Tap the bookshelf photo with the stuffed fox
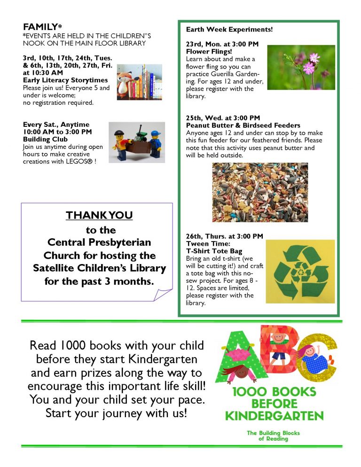click(x=139, y=82)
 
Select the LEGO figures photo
click(x=136, y=142)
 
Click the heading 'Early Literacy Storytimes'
click(x=65, y=80)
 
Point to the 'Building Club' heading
click(x=46, y=140)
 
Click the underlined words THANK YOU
click(x=99, y=216)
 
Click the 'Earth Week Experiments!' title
click(x=229, y=30)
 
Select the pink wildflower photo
click(x=301, y=67)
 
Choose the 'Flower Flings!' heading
click(x=209, y=52)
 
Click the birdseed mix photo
click(x=260, y=192)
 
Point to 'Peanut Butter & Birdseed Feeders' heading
click(x=243, y=125)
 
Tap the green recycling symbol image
click(x=300, y=271)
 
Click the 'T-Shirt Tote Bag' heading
click(x=214, y=251)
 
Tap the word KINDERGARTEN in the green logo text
click(x=275, y=416)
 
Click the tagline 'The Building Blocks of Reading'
click(x=273, y=436)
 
